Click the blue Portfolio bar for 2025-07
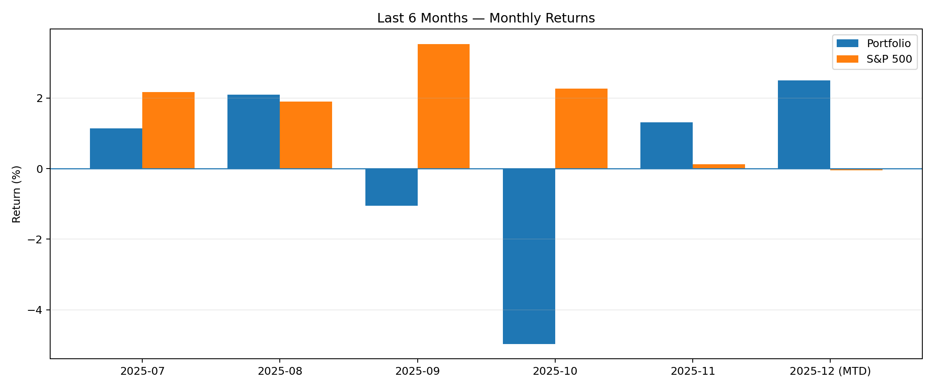point(116,149)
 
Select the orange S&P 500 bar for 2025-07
point(168,131)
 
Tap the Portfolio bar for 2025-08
point(253,132)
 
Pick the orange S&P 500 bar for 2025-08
point(306,135)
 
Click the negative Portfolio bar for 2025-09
point(391,187)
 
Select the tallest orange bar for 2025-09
point(443,106)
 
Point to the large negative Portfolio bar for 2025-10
point(529,256)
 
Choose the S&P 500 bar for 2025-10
point(581,129)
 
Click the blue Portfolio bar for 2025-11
point(666,146)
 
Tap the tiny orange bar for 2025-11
point(719,166)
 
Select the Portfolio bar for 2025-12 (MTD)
point(804,124)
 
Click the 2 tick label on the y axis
point(40,99)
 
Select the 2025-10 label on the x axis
point(555,371)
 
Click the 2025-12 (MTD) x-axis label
point(830,371)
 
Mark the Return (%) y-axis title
point(16,194)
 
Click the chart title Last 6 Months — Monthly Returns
point(486,18)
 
